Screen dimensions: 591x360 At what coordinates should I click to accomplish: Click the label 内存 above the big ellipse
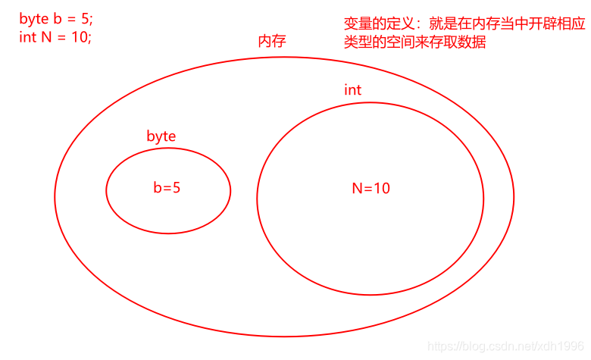click(x=272, y=42)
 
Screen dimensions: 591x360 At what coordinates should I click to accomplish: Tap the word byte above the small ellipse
click(x=161, y=136)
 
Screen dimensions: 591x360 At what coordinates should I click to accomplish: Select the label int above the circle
click(x=352, y=90)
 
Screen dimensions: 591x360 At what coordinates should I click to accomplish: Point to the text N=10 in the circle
click(x=371, y=188)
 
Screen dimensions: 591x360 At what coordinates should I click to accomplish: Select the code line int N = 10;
click(x=55, y=36)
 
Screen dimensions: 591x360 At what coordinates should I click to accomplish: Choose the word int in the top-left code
click(x=27, y=36)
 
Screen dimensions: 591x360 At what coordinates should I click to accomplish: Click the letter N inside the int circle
click(x=358, y=188)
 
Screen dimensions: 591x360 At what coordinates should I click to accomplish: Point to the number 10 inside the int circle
click(x=381, y=188)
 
